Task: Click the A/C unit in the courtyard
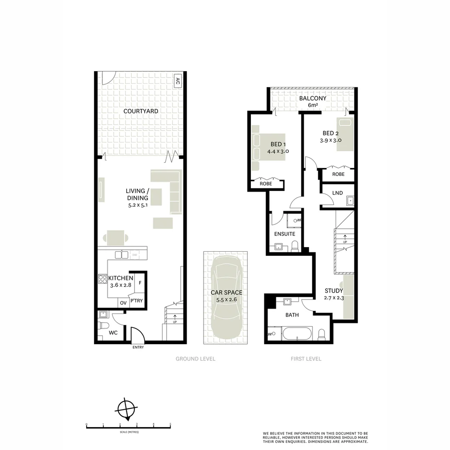pos(177,81)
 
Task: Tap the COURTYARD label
pos(141,111)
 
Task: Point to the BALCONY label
pos(312,98)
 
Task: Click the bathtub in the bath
pos(297,334)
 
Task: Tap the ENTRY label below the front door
pos(138,347)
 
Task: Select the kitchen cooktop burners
pos(102,278)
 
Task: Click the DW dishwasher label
pos(135,255)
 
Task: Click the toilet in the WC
pos(103,325)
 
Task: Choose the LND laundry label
pos(337,193)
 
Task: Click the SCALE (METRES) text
pos(128,432)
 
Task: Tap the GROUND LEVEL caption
pos(195,359)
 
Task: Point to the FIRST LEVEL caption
pos(306,359)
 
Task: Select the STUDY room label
pos(334,291)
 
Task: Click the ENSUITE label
pos(285,234)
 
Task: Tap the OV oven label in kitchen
pos(123,303)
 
